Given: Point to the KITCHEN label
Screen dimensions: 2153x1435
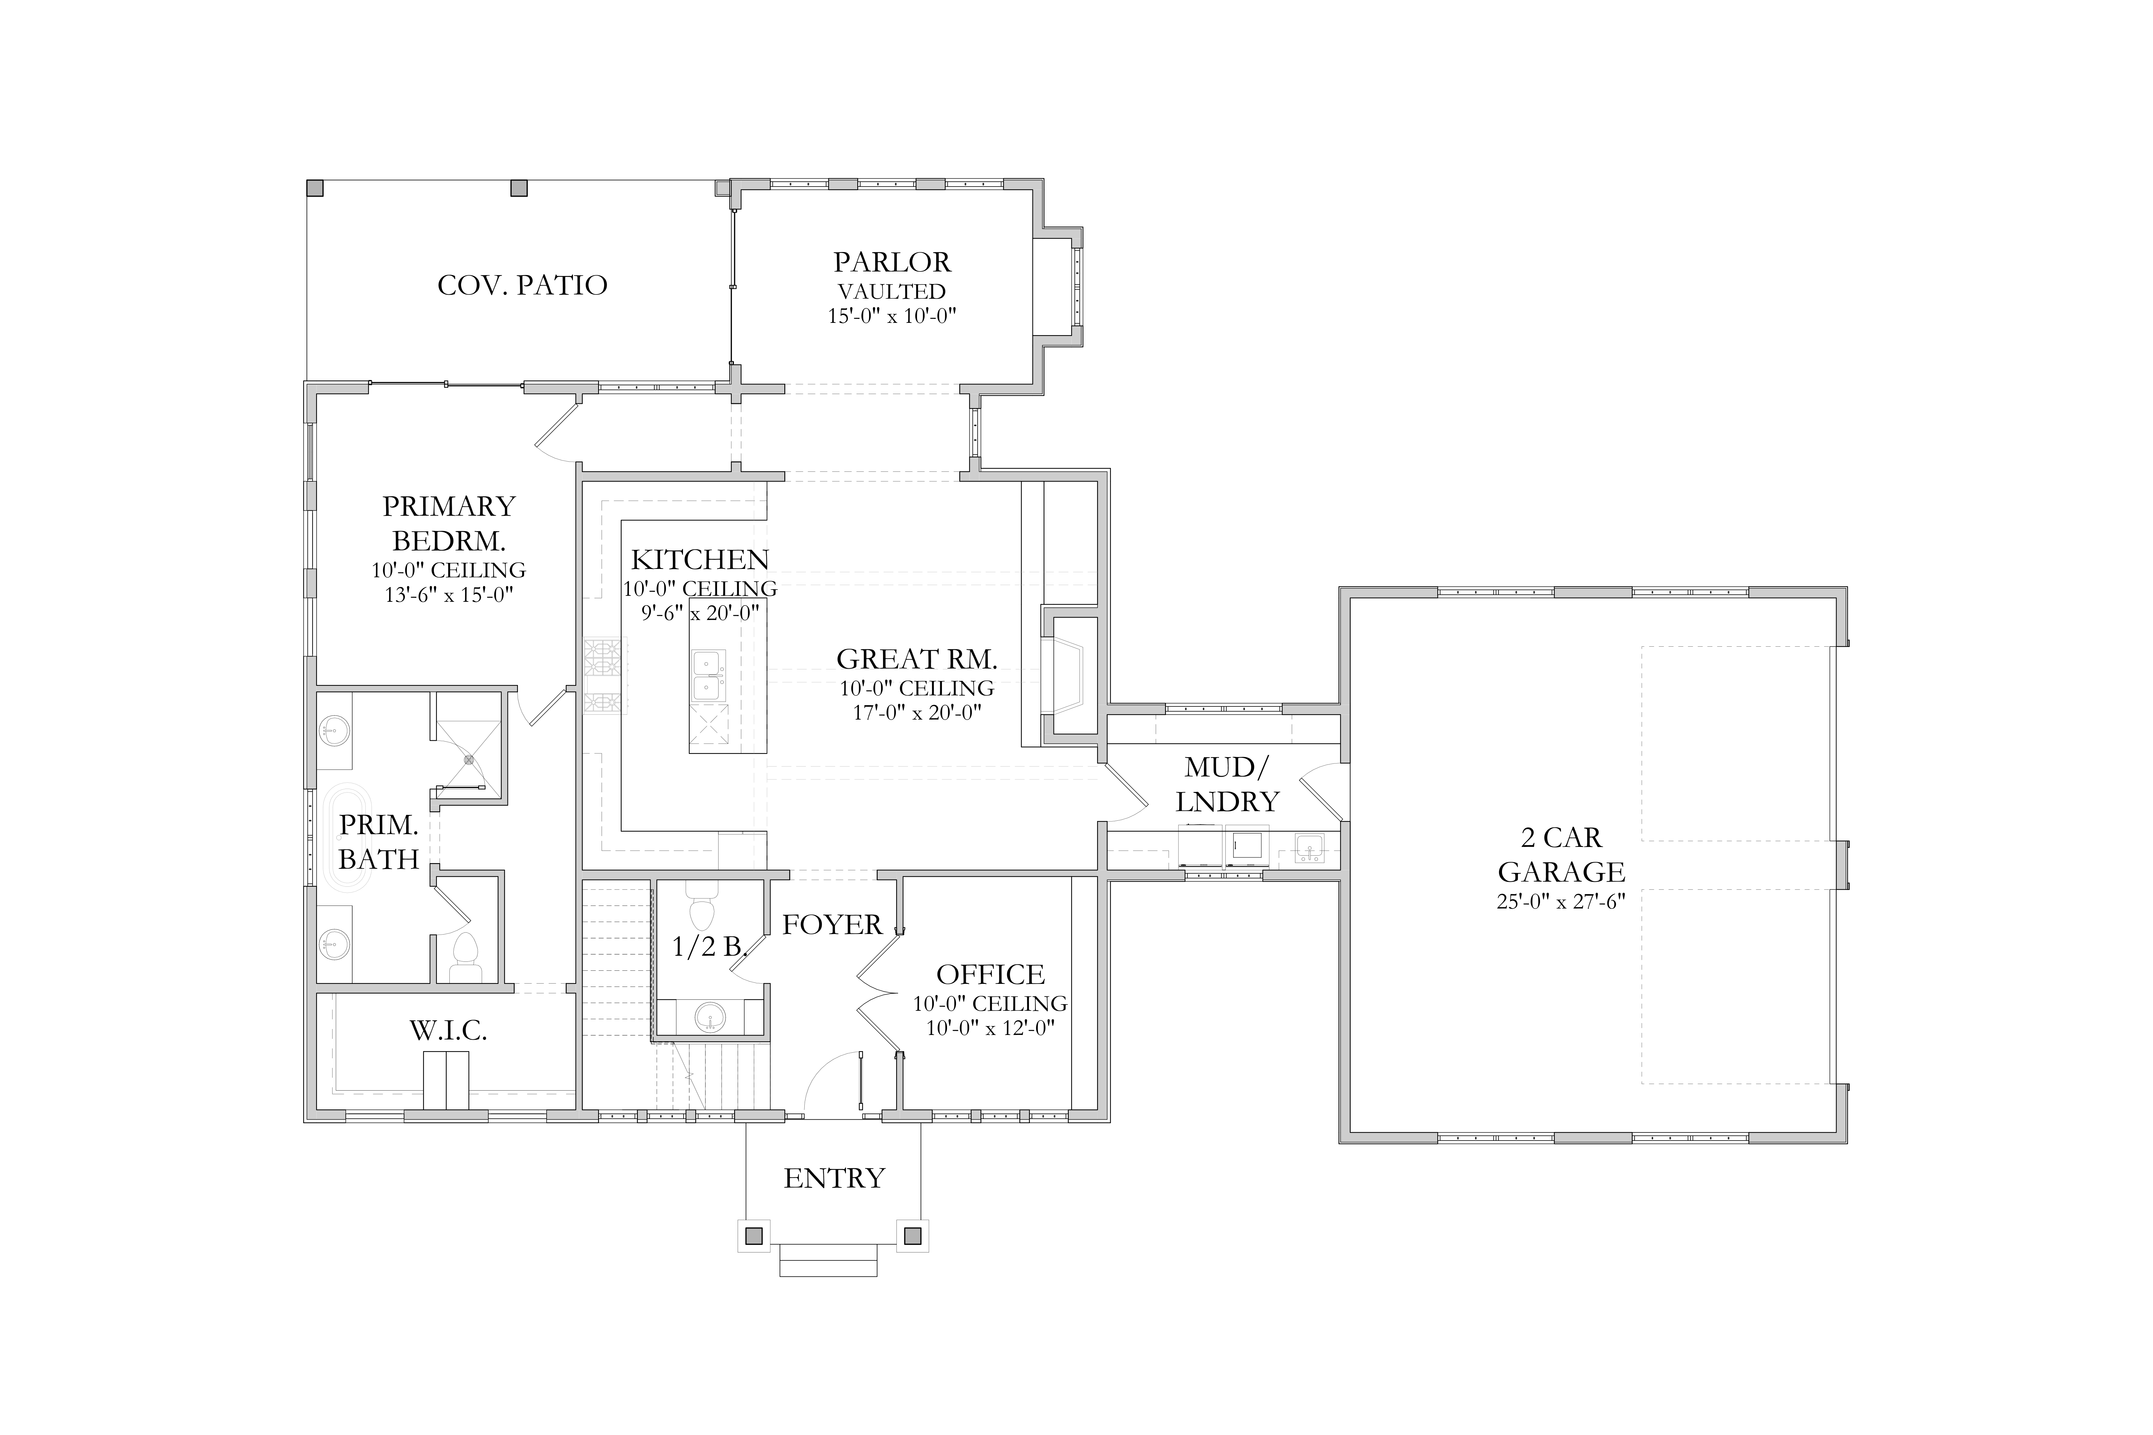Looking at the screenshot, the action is pyautogui.click(x=700, y=559).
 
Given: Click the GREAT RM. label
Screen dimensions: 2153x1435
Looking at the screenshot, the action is pyautogui.click(x=917, y=659).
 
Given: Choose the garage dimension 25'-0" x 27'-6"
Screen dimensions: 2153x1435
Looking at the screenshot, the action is pyautogui.click(x=1561, y=901).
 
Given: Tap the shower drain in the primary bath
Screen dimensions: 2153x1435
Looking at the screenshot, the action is pyautogui.click(x=469, y=759).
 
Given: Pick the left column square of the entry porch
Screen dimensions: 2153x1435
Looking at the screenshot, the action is pyautogui.click(x=753, y=1236).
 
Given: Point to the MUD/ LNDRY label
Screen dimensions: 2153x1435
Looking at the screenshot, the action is pyautogui.click(x=1227, y=784).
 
